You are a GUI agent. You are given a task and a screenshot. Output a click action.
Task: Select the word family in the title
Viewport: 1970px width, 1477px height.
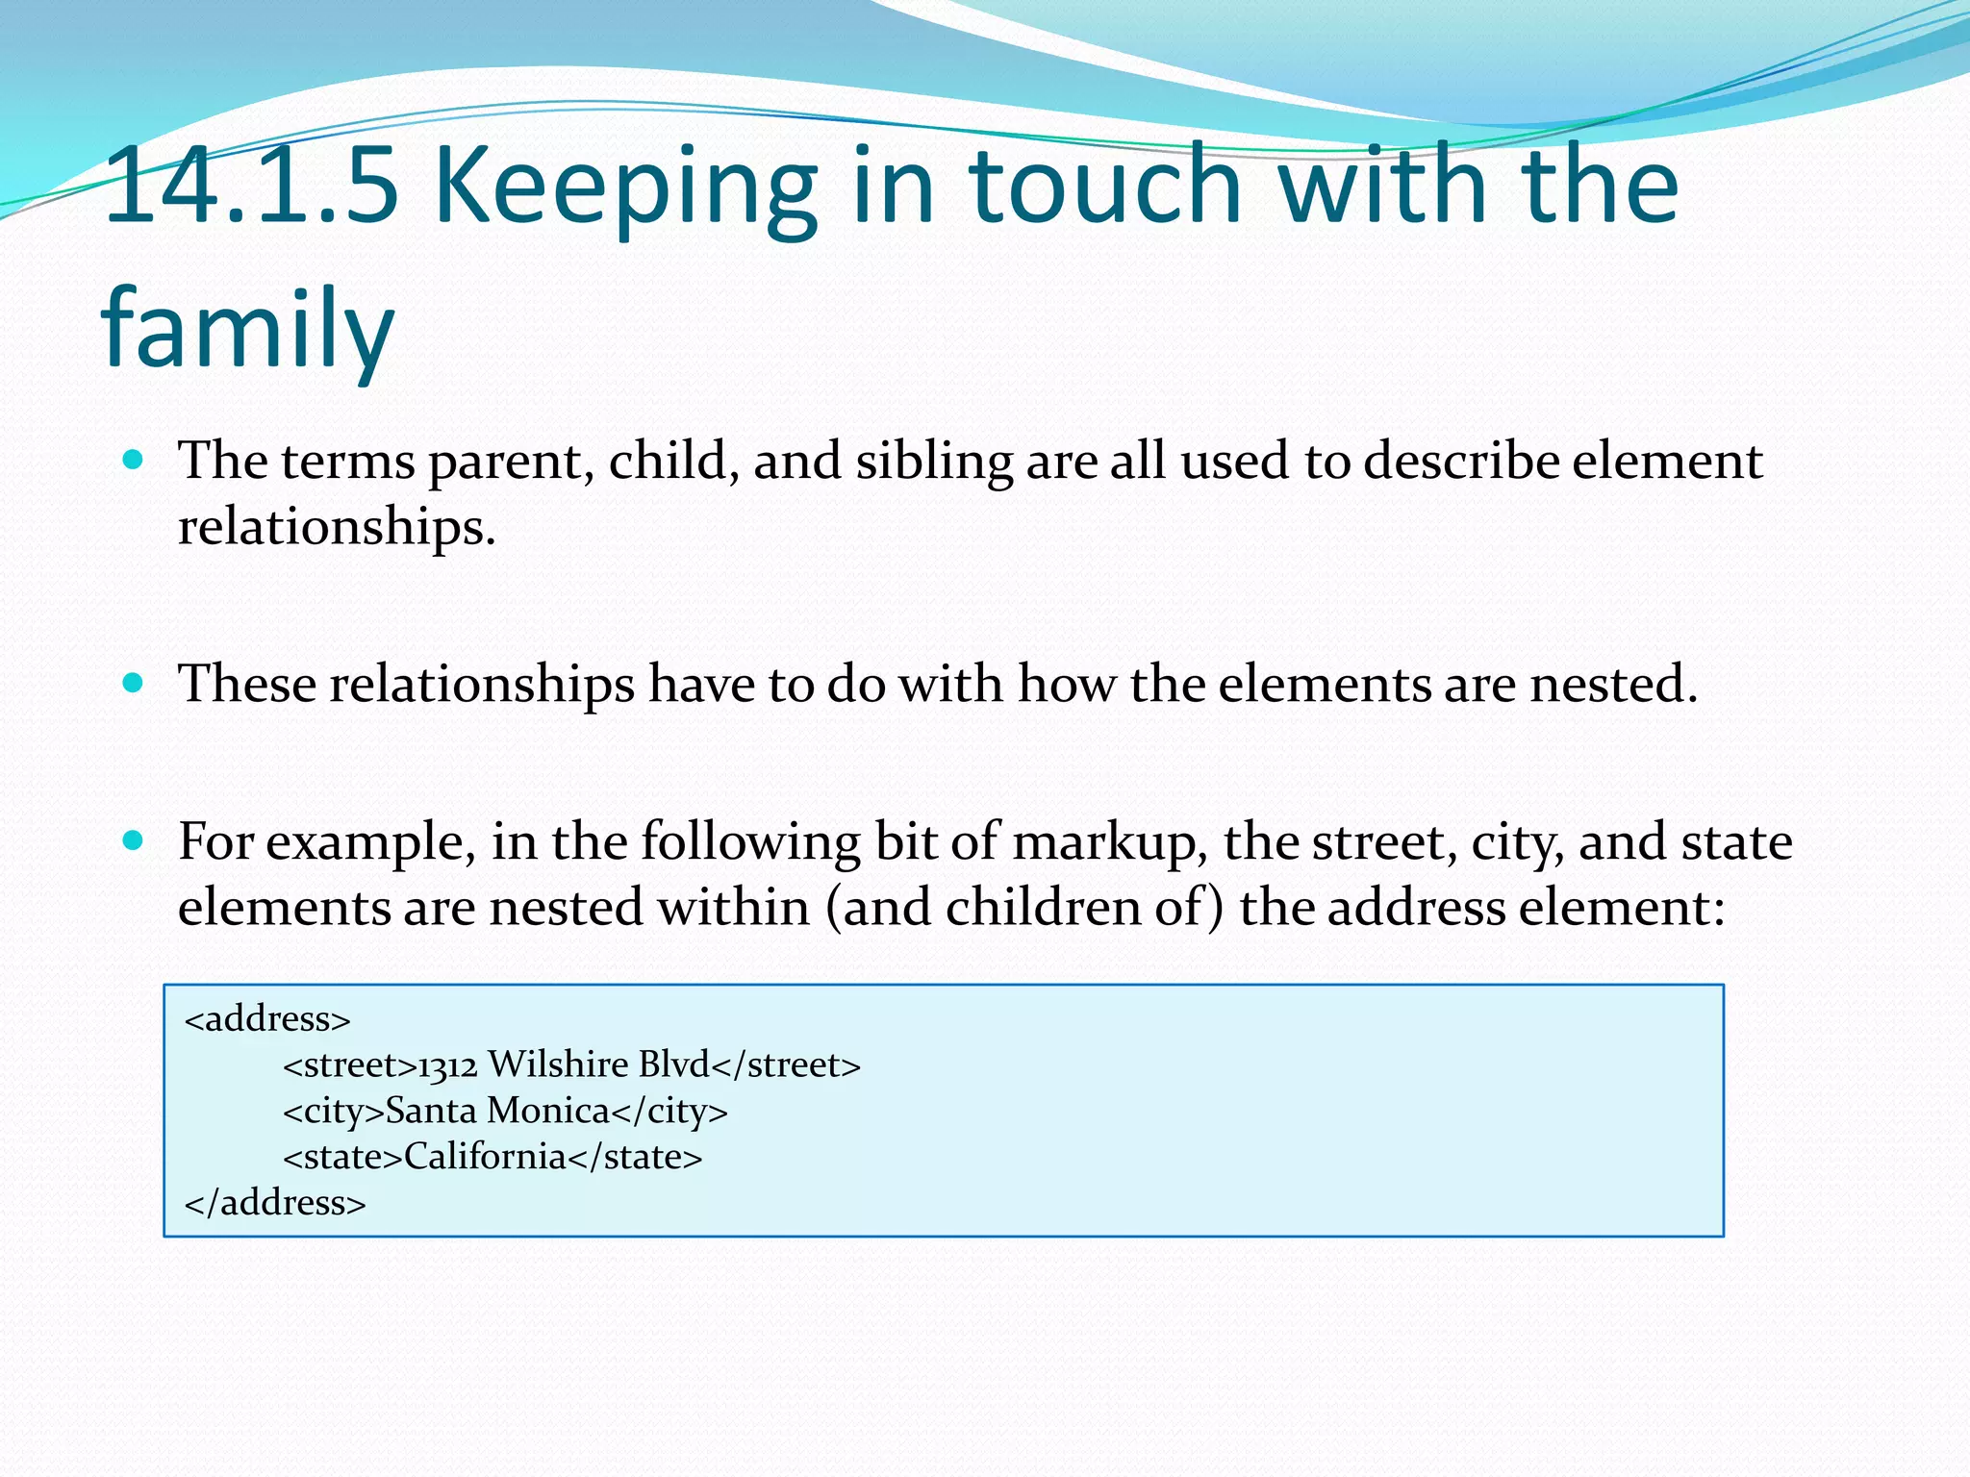point(248,329)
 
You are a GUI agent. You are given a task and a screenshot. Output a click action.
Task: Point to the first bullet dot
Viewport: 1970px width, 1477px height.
point(134,460)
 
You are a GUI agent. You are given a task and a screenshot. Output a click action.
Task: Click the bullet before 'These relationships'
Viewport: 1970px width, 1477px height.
point(134,684)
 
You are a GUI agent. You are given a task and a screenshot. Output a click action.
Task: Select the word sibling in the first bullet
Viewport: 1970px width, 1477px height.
point(934,462)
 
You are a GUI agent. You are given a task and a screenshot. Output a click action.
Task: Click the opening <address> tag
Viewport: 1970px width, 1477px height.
point(267,1018)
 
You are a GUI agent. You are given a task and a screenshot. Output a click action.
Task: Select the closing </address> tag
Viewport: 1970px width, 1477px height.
point(275,1203)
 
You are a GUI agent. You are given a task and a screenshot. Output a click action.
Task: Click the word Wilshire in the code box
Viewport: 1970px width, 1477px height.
point(558,1064)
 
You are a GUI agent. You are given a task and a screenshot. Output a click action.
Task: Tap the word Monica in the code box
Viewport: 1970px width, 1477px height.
point(548,1111)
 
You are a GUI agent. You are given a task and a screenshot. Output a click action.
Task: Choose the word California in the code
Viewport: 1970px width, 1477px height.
point(485,1157)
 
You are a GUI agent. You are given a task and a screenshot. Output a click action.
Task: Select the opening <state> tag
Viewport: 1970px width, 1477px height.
point(342,1157)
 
